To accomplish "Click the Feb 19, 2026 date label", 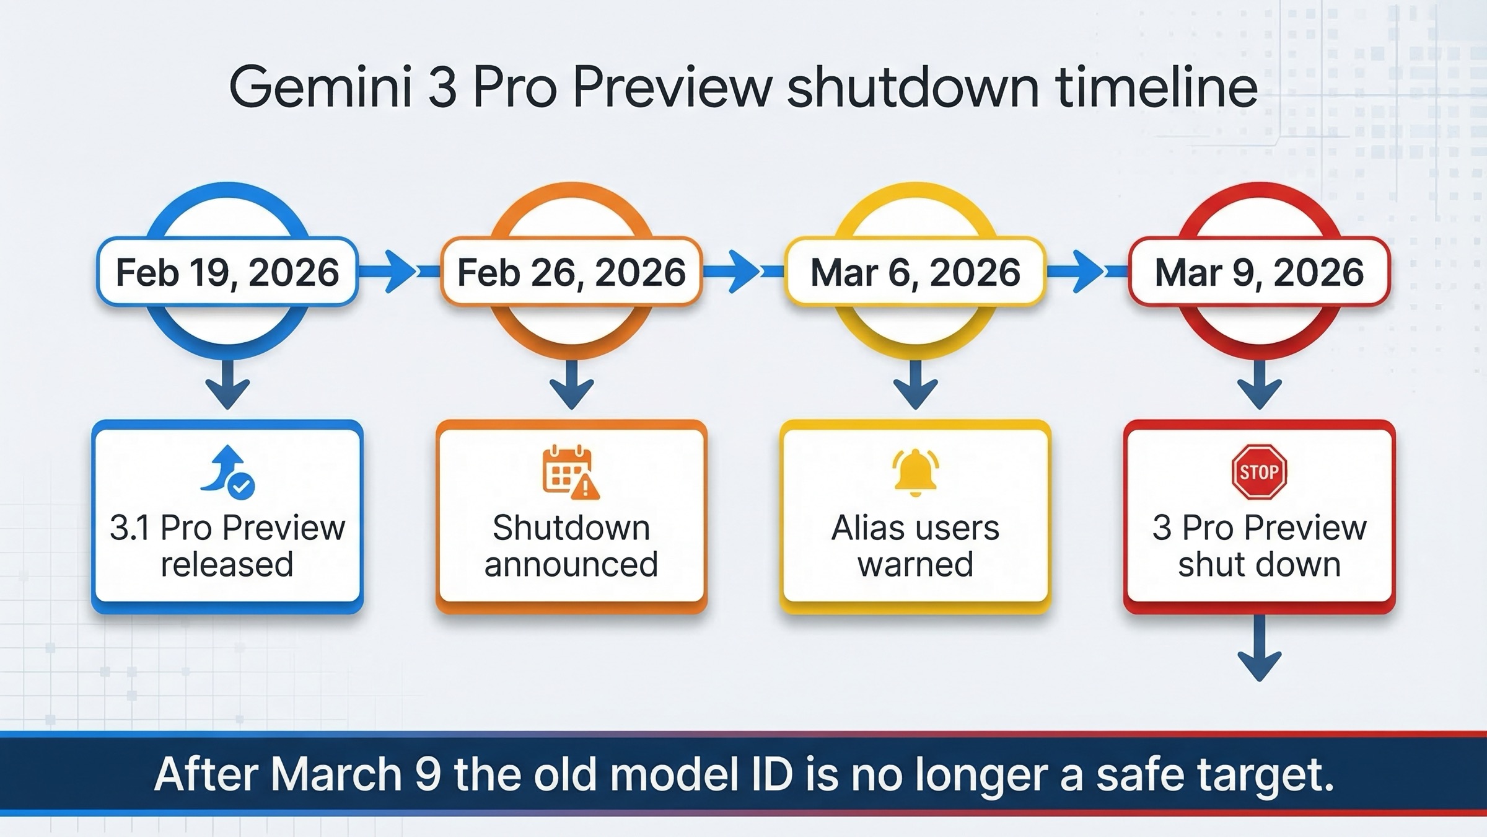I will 227,272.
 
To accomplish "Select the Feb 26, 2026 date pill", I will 571,272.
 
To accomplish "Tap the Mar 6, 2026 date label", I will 915,272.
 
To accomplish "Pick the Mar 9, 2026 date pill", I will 1259,272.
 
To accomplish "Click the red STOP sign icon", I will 1259,472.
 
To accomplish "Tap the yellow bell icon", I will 915,472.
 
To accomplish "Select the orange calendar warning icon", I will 570,472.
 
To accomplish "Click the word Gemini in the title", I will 320,88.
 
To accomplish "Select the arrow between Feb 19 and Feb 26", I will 397,271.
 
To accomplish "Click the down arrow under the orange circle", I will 571,386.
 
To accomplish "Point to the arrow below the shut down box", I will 1259,650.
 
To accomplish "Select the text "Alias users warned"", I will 915,546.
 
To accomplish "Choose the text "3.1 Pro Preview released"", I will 227,546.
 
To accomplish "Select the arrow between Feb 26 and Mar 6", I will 740,271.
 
